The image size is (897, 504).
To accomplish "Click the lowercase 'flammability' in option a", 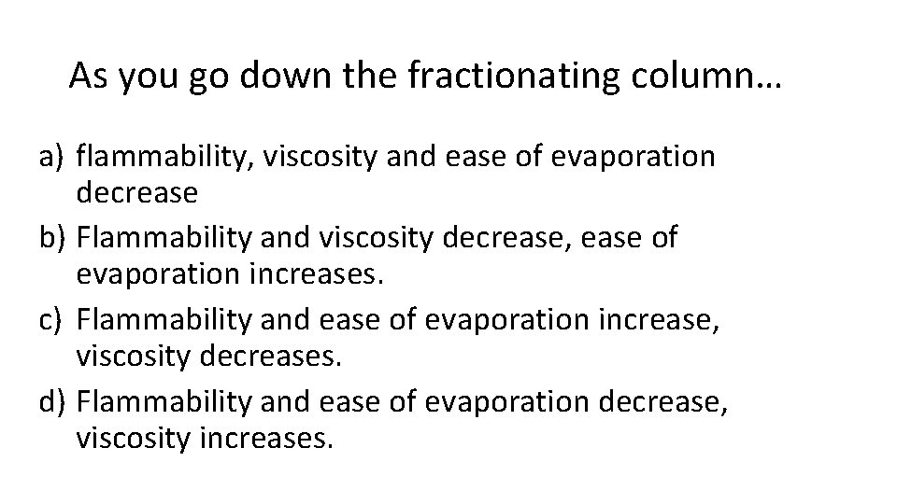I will [x=153, y=156].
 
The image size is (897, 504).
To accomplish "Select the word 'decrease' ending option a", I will [x=137, y=193].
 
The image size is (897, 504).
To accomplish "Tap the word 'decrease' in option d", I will [x=650, y=402].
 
